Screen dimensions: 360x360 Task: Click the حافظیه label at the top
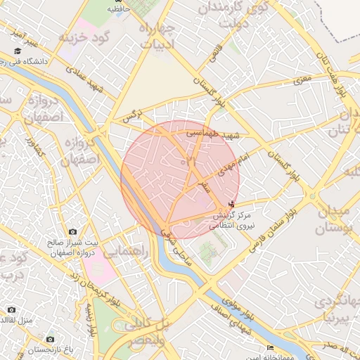[x=118, y=10]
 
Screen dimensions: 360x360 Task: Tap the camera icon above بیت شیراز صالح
[x=72, y=231]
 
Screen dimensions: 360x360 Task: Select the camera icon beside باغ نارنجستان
[x=49, y=339]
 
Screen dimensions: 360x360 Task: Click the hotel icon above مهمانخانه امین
[x=270, y=347]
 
